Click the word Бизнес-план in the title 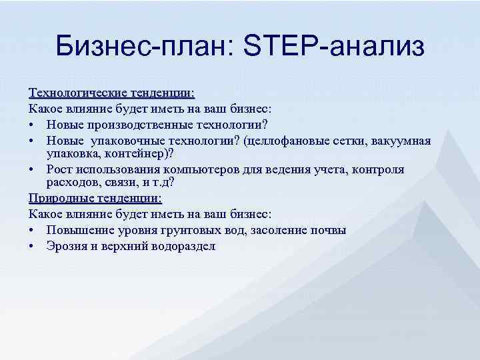point(141,47)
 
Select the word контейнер point(137,153)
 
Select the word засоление point(281,230)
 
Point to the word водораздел point(183,246)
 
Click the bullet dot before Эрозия point(33,247)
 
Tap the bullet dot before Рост point(33,170)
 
